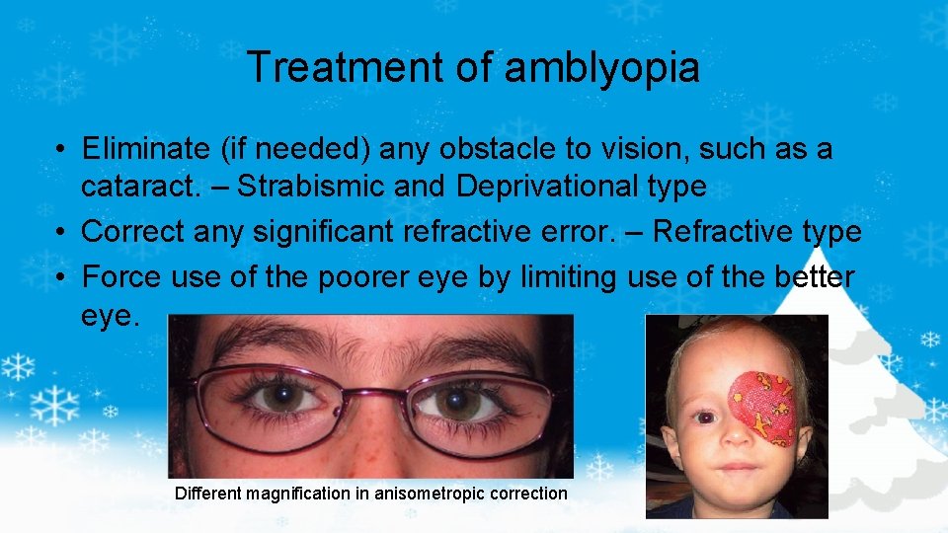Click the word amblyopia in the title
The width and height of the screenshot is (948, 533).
[601, 67]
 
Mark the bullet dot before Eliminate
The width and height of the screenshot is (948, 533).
[61, 150]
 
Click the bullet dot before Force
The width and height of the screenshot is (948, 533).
[61, 278]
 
